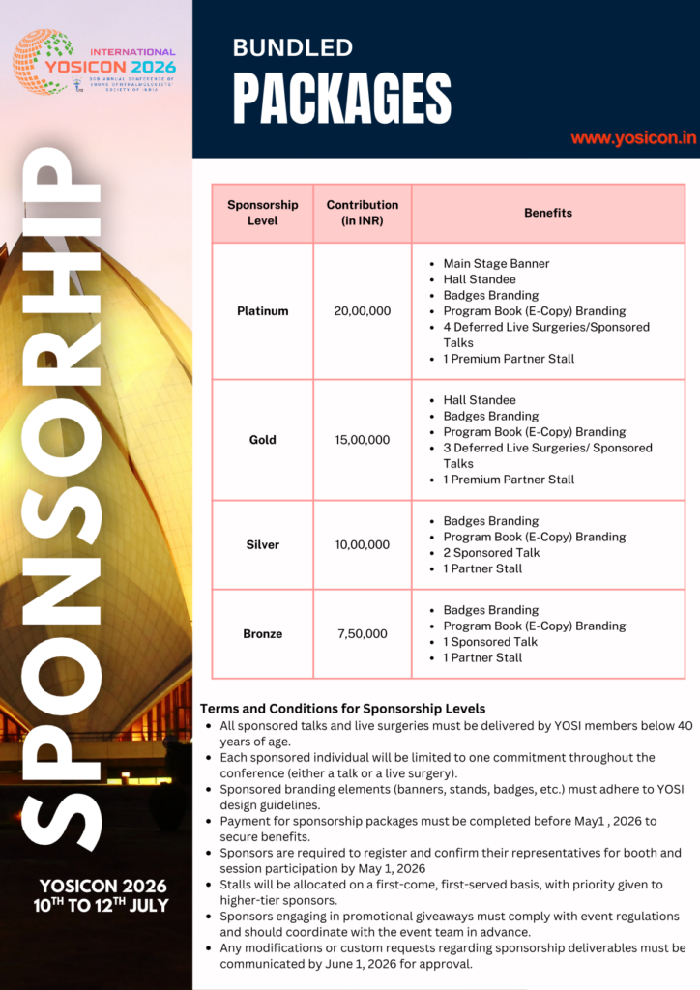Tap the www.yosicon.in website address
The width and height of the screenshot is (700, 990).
point(633,138)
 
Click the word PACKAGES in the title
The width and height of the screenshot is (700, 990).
point(342,99)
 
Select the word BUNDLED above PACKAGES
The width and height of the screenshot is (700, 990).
point(293,47)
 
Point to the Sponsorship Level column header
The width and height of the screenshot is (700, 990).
point(262,213)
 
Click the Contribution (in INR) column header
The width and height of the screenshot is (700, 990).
point(363,213)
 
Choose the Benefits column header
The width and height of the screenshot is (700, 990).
point(548,213)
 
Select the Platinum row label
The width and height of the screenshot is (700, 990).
point(262,311)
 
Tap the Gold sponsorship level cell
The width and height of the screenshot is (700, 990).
point(262,440)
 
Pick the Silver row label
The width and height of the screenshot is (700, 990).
point(262,545)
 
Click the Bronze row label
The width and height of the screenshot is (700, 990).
point(262,634)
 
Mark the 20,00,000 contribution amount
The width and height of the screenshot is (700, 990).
point(363,311)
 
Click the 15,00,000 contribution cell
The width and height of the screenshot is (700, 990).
point(363,440)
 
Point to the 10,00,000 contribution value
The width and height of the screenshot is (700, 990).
point(363,545)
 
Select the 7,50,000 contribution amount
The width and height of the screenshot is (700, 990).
point(363,634)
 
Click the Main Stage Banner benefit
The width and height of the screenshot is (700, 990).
point(496,264)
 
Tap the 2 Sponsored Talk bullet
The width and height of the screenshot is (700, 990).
point(491,553)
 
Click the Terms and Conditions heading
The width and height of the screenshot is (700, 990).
point(342,709)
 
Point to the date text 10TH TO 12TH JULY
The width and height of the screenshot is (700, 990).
point(102,906)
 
